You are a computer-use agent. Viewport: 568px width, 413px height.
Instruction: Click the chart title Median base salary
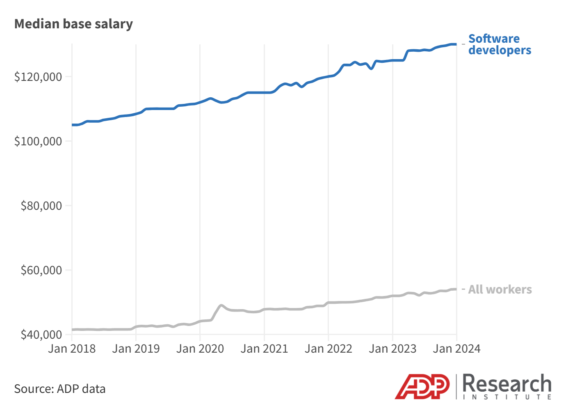click(x=73, y=24)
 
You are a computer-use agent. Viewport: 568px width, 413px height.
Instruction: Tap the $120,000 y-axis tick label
click(x=38, y=77)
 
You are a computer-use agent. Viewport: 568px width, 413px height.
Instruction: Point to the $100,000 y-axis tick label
click(x=38, y=141)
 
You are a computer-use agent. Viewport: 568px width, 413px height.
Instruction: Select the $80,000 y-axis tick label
click(x=41, y=206)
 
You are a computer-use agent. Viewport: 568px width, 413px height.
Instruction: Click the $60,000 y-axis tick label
click(x=41, y=270)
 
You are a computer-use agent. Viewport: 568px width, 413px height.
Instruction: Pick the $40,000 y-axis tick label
click(x=41, y=335)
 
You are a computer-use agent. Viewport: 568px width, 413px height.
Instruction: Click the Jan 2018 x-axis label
click(x=72, y=349)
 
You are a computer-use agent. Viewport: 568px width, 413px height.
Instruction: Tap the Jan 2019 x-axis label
click(x=136, y=349)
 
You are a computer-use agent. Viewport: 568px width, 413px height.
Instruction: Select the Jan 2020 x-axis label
click(x=200, y=349)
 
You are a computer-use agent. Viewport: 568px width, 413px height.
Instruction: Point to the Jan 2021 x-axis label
click(x=264, y=349)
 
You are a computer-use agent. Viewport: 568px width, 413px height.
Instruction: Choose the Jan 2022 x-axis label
click(x=328, y=349)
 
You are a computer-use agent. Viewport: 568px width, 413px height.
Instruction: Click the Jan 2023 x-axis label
click(x=392, y=349)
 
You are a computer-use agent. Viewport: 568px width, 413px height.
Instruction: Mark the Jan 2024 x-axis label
click(x=456, y=349)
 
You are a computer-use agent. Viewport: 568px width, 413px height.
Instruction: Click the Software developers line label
click(x=500, y=44)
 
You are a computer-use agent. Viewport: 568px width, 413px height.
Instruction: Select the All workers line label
click(x=500, y=289)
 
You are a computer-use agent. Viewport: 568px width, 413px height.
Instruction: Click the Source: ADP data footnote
click(x=60, y=389)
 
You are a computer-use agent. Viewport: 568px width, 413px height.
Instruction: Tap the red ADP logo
click(x=422, y=386)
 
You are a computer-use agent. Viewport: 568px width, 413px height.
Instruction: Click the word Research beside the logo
click(x=507, y=384)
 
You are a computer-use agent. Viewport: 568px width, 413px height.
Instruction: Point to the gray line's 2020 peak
click(x=221, y=305)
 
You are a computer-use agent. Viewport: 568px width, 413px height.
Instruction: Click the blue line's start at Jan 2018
click(x=73, y=125)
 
